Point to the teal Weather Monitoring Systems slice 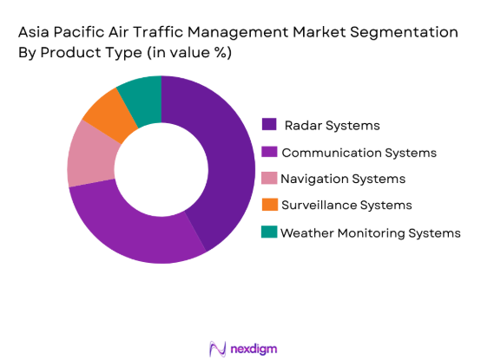pos(141,93)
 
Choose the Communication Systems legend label pos(359,153)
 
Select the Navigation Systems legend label pos(343,179)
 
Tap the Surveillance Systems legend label pos(346,205)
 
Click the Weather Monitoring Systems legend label pos(370,232)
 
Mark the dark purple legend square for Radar pos(269,126)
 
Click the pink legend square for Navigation pos(269,179)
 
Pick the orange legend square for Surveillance pos(269,205)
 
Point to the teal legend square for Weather pos(269,232)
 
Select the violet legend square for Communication pos(269,153)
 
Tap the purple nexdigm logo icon pos(217,348)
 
